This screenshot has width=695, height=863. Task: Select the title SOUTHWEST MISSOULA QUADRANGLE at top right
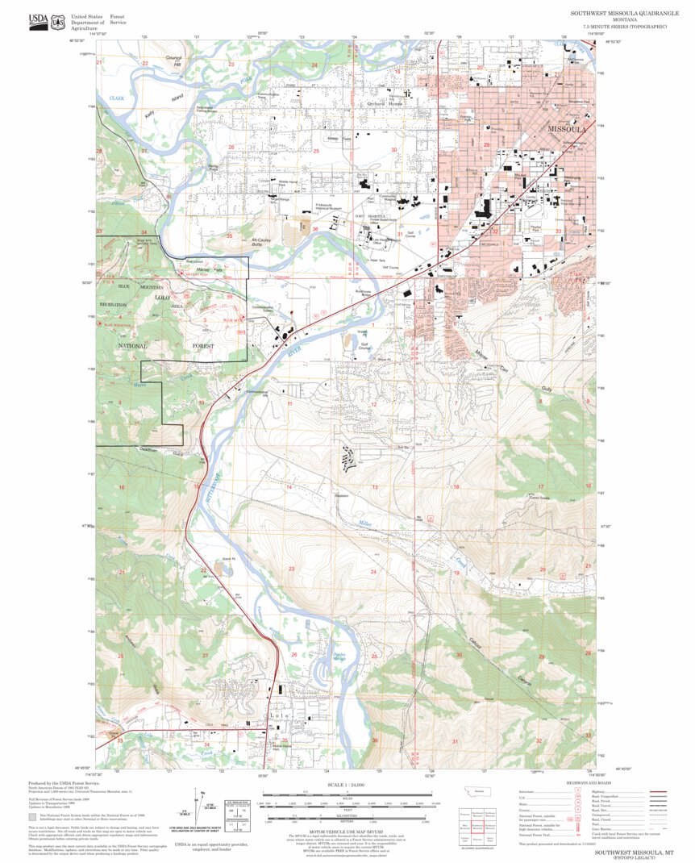click(619, 14)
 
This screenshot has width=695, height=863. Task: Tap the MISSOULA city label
click(567, 129)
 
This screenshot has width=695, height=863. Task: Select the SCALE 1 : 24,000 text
click(348, 784)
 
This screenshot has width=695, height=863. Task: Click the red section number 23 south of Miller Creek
click(291, 570)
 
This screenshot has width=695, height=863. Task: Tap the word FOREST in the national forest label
click(204, 345)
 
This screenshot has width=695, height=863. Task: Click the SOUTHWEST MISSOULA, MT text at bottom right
click(629, 852)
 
